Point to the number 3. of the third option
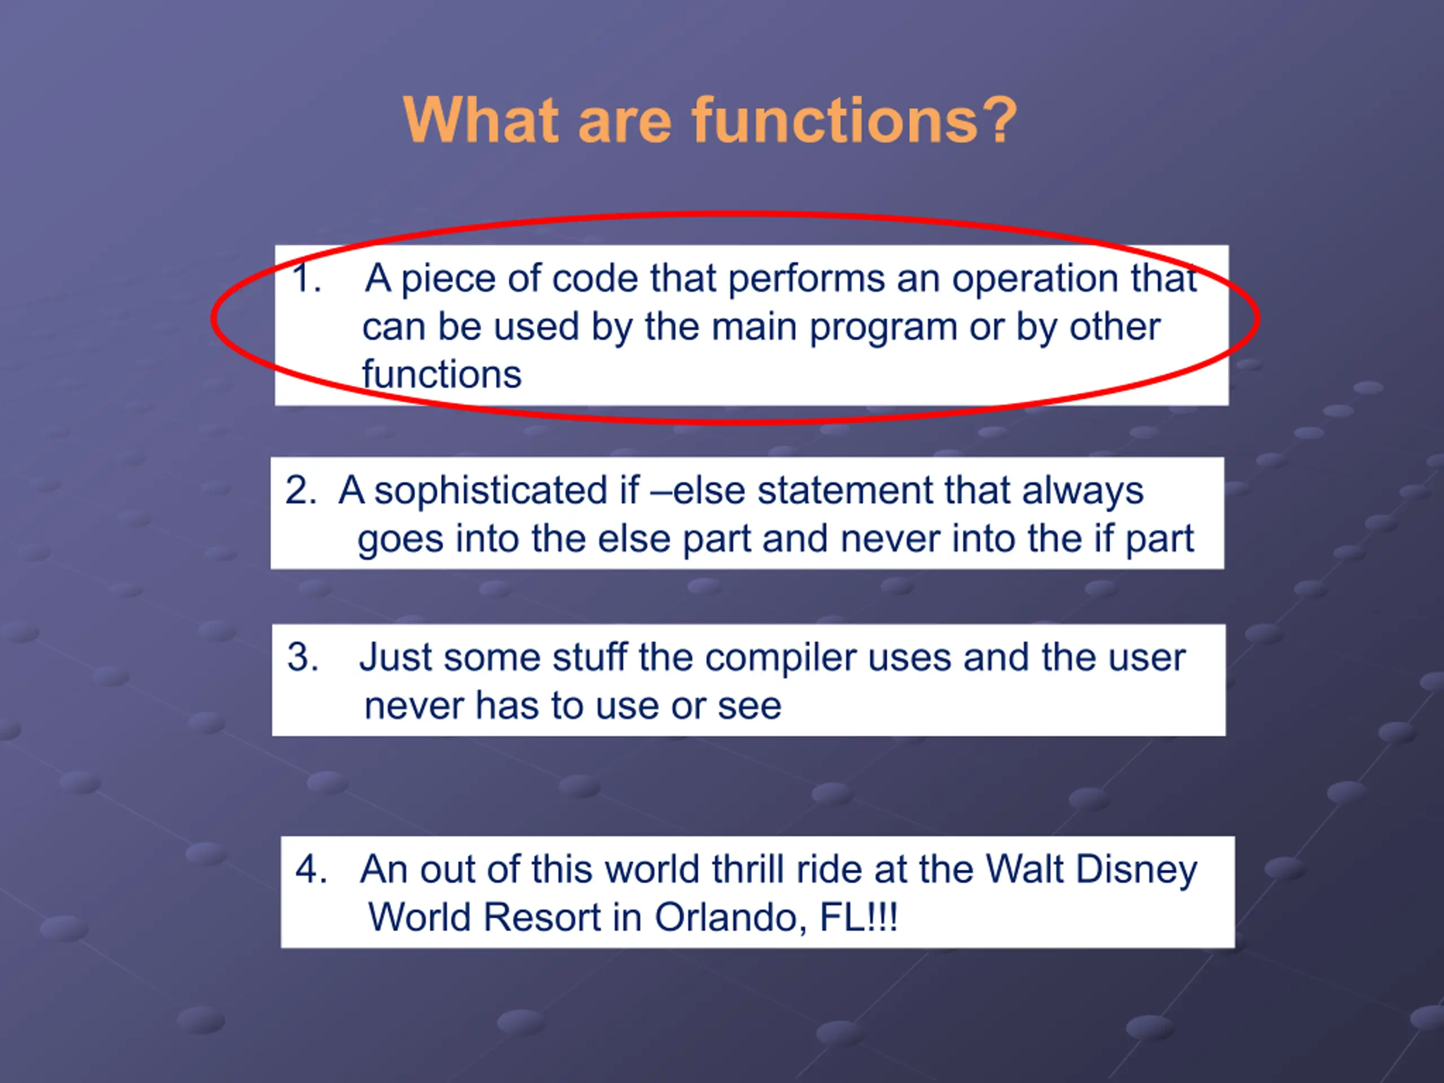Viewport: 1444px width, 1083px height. pyautogui.click(x=303, y=657)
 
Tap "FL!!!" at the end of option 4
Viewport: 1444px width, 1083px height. pyautogui.click(x=859, y=918)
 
